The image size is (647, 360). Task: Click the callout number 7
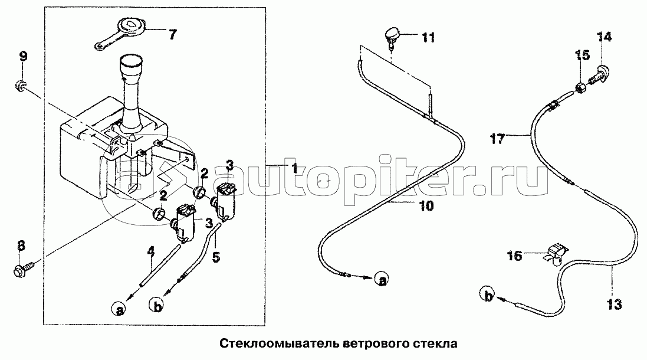172,34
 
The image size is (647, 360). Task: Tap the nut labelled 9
20,86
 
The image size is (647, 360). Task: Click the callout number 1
294,168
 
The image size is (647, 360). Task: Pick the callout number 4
151,251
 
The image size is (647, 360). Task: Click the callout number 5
216,257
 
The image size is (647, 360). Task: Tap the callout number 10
426,206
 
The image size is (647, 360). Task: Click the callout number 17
497,139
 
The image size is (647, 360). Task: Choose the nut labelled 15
579,87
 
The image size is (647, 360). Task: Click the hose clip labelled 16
555,253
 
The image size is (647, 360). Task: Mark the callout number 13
614,305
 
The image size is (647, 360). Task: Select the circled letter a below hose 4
119,309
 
